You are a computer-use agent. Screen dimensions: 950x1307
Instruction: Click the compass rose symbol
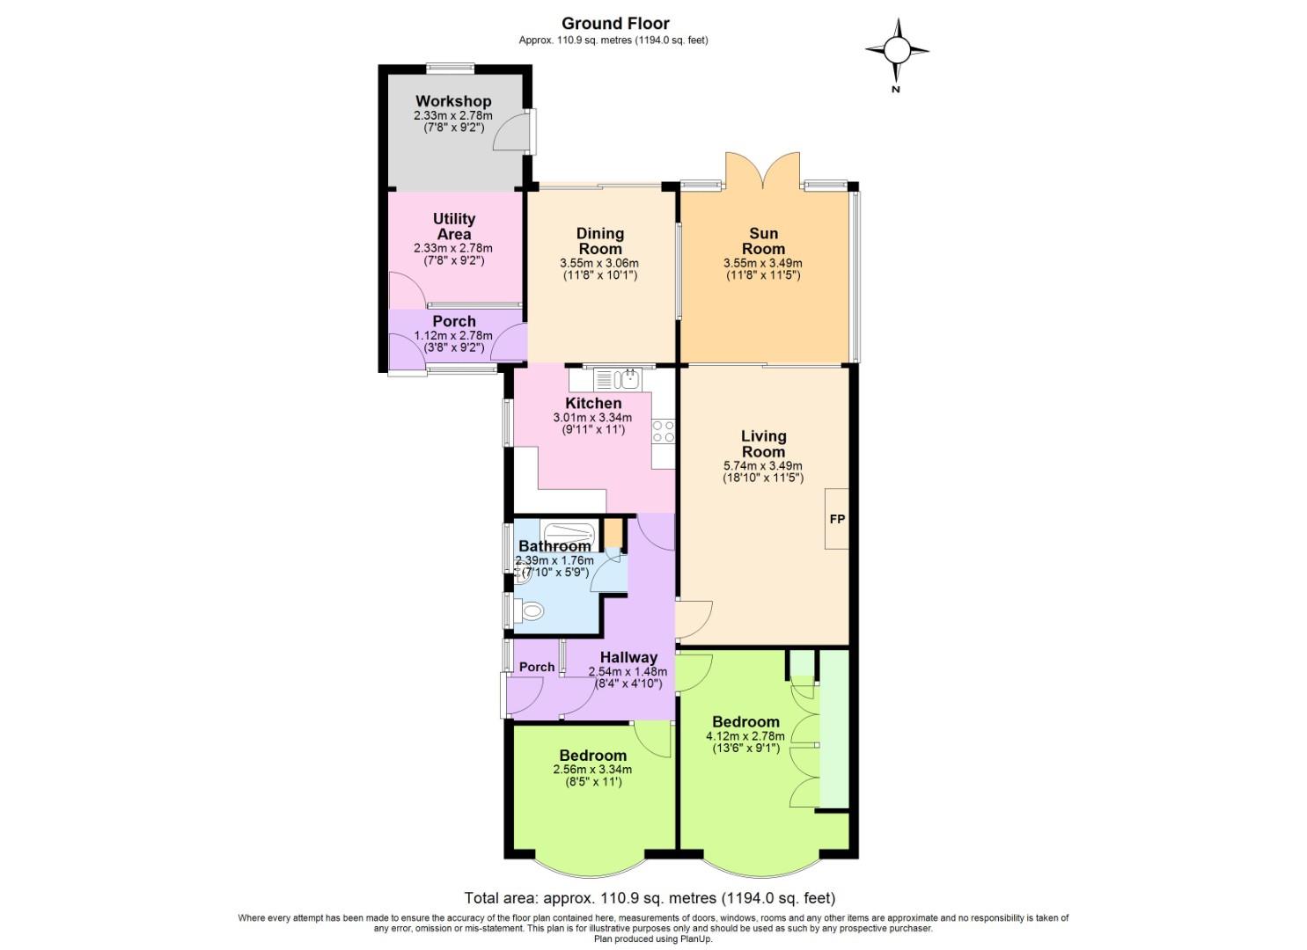click(x=896, y=51)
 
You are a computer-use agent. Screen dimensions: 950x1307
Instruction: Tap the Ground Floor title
click(x=614, y=24)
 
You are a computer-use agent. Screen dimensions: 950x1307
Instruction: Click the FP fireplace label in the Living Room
click(x=837, y=519)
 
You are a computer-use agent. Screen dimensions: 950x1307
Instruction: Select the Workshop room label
click(x=453, y=101)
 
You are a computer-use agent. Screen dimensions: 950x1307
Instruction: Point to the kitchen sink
click(x=628, y=379)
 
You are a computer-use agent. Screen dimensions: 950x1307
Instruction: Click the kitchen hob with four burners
click(x=663, y=431)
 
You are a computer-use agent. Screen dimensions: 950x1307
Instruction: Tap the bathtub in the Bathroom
click(x=569, y=533)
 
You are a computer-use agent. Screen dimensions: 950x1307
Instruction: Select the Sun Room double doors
click(x=763, y=170)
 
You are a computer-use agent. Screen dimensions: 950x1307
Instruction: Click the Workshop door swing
click(x=513, y=135)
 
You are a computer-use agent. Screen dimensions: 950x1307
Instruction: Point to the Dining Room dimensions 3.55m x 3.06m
click(x=598, y=263)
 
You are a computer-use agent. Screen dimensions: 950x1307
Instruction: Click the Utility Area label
click(x=453, y=226)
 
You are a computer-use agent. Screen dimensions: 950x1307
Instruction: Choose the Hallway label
click(x=628, y=657)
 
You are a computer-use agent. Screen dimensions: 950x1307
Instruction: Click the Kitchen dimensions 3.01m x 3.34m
click(x=592, y=417)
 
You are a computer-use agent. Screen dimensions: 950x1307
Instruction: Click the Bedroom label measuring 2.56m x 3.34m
click(x=592, y=756)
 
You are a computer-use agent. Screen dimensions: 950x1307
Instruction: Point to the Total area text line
click(x=650, y=898)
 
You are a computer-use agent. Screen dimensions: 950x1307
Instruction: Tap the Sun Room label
click(x=763, y=241)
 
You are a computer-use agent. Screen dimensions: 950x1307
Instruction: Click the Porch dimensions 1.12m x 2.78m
click(x=453, y=335)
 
